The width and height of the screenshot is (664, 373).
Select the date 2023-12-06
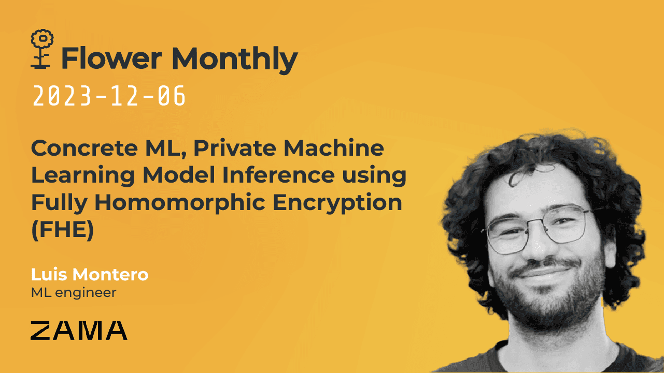tap(109, 97)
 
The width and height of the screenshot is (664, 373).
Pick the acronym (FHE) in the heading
tap(62, 230)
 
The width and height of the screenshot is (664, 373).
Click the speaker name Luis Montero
tap(90, 275)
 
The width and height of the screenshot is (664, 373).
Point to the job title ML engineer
tap(74, 292)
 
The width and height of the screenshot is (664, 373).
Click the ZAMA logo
tap(79, 330)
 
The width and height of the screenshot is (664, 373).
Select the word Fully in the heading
tap(58, 203)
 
